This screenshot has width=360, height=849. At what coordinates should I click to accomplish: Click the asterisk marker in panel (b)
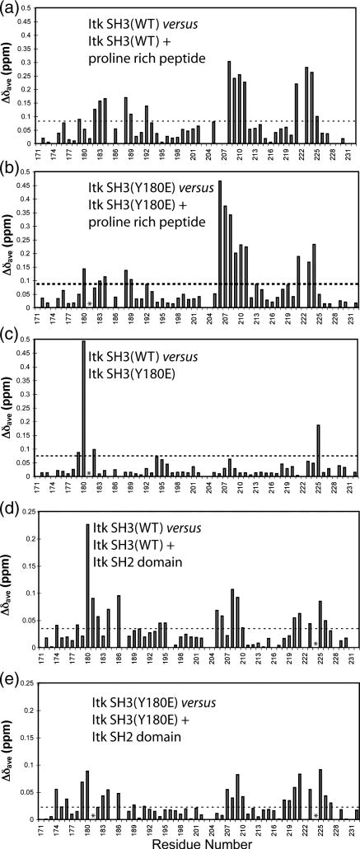point(89,303)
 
